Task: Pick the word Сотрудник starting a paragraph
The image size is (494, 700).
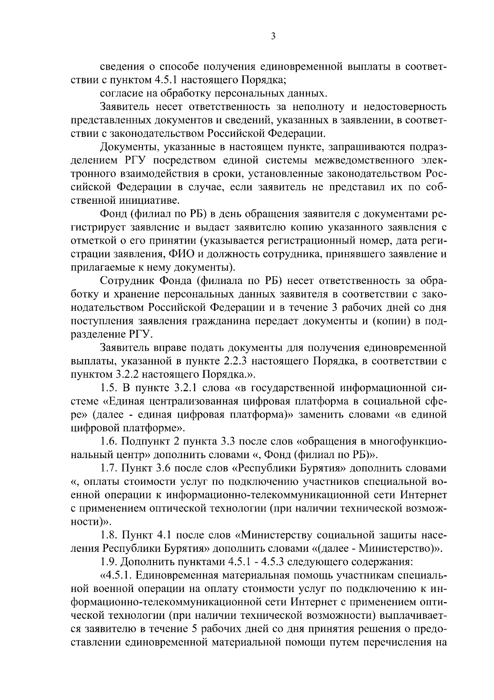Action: point(125,281)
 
